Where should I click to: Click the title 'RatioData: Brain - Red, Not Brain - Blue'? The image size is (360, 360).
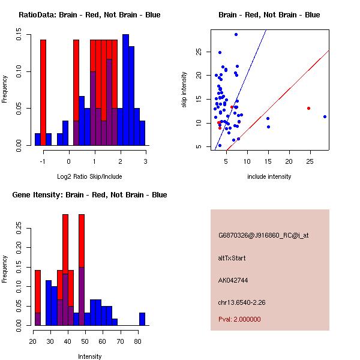click(89, 15)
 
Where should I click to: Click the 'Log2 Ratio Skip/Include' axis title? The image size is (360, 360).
click(89, 176)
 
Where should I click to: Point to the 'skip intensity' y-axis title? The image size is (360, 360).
click(184, 90)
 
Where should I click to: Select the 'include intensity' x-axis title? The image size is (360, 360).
click(269, 176)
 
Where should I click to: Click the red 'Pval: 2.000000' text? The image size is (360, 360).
click(239, 319)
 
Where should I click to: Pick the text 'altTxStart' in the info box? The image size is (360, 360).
click(232, 258)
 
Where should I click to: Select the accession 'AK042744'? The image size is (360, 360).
click(233, 280)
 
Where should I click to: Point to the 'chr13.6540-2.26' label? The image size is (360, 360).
click(241, 302)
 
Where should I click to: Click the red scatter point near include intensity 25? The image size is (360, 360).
click(308, 108)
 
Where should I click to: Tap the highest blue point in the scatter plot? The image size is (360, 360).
click(236, 34)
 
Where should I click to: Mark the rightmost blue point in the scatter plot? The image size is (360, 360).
click(325, 116)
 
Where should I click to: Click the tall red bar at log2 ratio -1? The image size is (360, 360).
click(43, 90)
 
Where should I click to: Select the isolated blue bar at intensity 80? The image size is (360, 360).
click(142, 319)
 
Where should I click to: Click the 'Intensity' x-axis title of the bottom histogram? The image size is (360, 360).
click(90, 356)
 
